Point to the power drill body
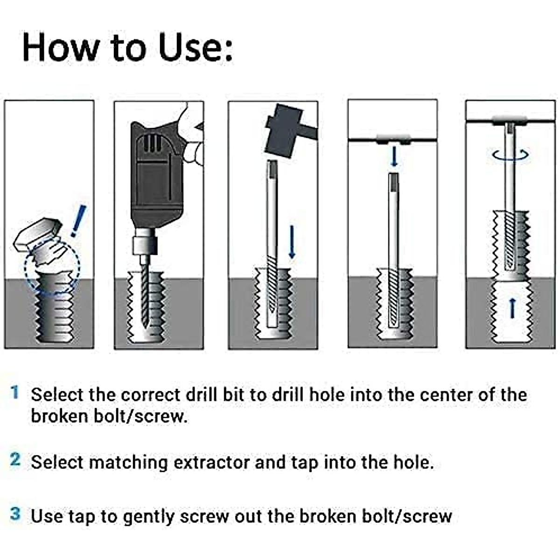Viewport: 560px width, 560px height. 154,177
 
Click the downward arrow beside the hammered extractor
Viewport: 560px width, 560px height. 292,242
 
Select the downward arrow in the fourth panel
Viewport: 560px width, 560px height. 394,156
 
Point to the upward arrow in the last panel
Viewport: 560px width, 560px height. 512,308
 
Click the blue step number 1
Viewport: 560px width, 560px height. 15,392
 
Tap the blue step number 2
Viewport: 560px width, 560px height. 15,460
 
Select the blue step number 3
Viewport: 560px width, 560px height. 15,514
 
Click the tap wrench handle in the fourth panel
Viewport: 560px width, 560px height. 393,139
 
